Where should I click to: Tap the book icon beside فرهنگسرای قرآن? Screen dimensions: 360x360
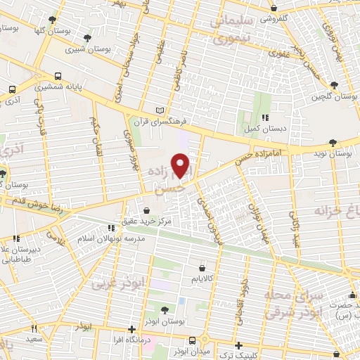click(x=161, y=111)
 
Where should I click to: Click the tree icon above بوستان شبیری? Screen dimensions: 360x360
click(x=87, y=38)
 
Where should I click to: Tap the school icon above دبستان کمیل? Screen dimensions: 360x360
click(x=264, y=117)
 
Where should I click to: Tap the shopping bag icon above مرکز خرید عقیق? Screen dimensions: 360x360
click(x=146, y=210)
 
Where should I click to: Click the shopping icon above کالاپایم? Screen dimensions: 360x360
click(x=202, y=268)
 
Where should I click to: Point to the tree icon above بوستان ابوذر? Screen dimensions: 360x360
click(x=165, y=309)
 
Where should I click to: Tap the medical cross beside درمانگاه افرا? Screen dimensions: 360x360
click(x=131, y=329)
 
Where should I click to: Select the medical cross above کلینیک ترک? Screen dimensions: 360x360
click(x=240, y=345)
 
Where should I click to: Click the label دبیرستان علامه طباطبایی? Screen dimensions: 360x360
click(x=25, y=253)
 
